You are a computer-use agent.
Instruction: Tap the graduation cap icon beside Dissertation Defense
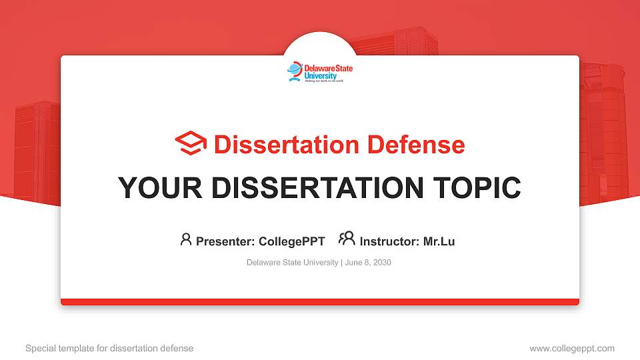pyautogui.click(x=191, y=144)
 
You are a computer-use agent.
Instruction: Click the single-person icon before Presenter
pyautogui.click(x=186, y=239)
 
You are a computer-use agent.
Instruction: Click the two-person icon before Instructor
pyautogui.click(x=347, y=239)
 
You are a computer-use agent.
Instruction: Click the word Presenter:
pyautogui.click(x=225, y=241)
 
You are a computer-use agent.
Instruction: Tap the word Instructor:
pyautogui.click(x=389, y=241)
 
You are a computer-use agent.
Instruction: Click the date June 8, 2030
pyautogui.click(x=368, y=263)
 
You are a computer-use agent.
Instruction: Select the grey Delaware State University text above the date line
pyautogui.click(x=292, y=263)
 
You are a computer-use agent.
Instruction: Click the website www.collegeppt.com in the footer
pyautogui.click(x=572, y=348)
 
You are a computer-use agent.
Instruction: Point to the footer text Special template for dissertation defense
pyautogui.click(x=109, y=348)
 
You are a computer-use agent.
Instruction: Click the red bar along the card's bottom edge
pyautogui.click(x=320, y=302)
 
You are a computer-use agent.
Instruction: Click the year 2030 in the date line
pyautogui.click(x=382, y=263)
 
